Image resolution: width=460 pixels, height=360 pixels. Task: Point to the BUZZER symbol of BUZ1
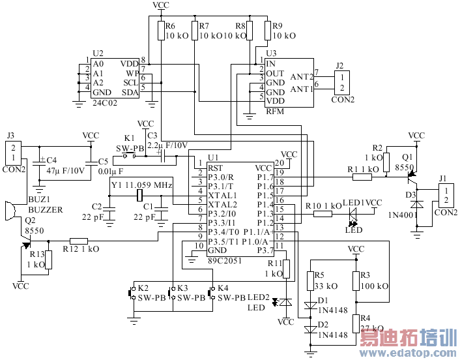(7, 213)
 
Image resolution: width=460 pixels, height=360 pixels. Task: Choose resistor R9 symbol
(268, 30)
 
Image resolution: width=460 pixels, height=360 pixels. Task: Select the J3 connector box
(14, 154)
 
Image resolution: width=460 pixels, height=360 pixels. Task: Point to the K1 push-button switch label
(129, 138)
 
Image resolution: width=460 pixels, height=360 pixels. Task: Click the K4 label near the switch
(223, 288)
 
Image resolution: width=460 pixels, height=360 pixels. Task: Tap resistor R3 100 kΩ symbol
(356, 282)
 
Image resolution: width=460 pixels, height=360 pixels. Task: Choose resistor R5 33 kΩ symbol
(310, 282)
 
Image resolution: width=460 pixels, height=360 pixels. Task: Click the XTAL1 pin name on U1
(222, 195)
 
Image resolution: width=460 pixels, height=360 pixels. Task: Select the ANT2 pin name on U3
(301, 77)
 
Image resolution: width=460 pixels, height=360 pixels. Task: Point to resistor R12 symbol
(79, 241)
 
